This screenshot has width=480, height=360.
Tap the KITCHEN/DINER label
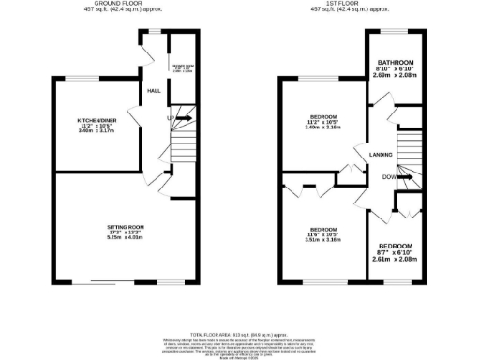[x=97, y=120]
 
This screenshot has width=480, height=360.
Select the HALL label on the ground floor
[x=152, y=91]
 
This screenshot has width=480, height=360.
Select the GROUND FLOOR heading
[x=123, y=5]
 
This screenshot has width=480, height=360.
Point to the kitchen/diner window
[x=88, y=78]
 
